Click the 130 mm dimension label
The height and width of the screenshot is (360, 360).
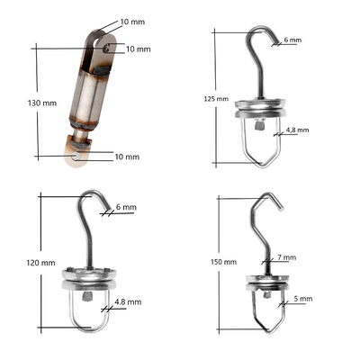coord(42,103)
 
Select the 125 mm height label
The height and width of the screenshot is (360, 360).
coord(216,99)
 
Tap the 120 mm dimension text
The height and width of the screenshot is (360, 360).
coord(40,263)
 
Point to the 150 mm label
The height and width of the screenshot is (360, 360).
coord(223,262)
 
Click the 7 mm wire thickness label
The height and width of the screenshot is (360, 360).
coord(287,257)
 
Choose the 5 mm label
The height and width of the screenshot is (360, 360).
coord(303,299)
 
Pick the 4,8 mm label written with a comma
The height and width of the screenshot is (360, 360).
coord(297,130)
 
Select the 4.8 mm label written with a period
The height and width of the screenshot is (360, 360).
coord(128,301)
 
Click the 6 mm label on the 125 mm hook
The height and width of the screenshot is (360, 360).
coord(292,40)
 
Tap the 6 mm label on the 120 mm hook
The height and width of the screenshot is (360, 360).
coord(126,207)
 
